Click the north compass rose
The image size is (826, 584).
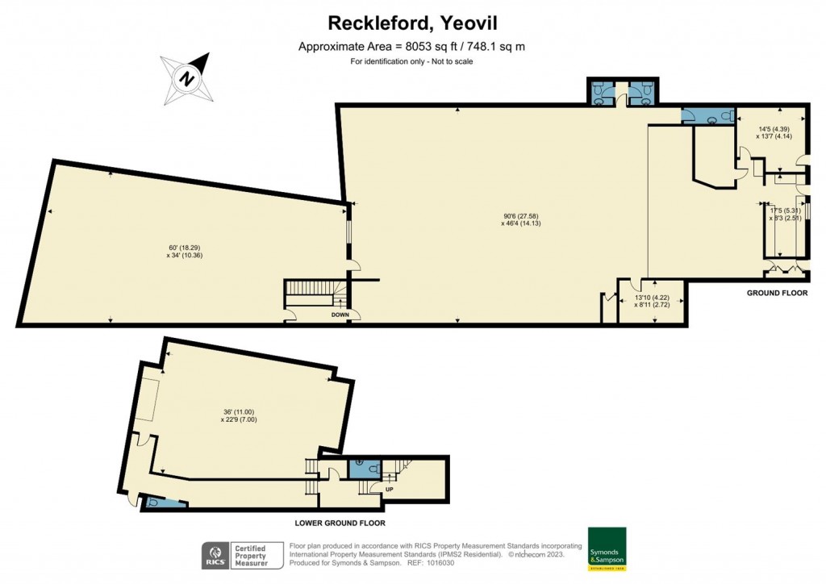(187, 78)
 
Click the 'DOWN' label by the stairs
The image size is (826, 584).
(341, 315)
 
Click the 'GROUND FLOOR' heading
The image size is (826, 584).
(776, 293)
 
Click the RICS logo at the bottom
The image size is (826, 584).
(215, 555)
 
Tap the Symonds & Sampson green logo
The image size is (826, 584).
(607, 549)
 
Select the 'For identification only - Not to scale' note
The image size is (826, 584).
(411, 61)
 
